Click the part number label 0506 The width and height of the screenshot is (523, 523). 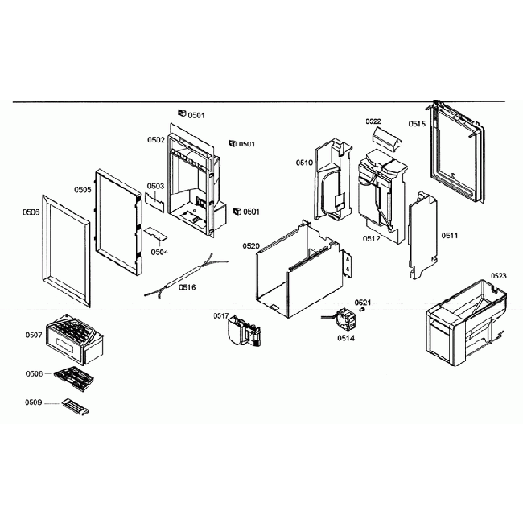(31, 213)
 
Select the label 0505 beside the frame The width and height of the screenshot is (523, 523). (82, 190)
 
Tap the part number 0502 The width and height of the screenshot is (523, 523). (156, 140)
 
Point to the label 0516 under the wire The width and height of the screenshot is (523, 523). (187, 287)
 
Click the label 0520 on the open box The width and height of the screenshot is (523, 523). (250, 245)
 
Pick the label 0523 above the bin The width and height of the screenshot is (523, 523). (498, 276)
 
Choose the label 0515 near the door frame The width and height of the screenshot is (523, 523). (417, 124)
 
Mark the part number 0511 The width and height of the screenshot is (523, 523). (450, 236)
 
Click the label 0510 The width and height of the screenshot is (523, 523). (304, 163)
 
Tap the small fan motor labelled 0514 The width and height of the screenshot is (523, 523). (347, 319)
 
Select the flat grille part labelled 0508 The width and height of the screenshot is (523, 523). (73, 375)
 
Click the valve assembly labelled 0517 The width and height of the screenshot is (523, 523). (244, 331)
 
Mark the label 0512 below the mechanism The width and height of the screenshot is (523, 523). (372, 239)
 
